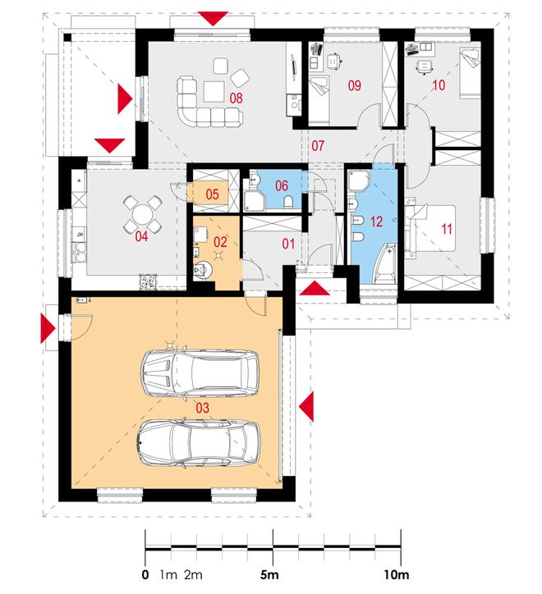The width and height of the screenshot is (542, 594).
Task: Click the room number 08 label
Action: tap(236, 98)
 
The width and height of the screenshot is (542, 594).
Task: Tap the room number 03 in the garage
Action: tap(202, 408)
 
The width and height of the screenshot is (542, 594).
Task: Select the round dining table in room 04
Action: tap(142, 215)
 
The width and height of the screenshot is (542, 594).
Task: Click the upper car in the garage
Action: tap(200, 373)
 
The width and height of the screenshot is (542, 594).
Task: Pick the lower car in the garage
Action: tap(199, 443)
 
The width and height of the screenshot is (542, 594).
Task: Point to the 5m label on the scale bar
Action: tap(269, 574)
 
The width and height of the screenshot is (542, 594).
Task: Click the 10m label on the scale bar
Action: tap(397, 574)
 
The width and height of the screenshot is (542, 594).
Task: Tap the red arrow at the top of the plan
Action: tap(214, 18)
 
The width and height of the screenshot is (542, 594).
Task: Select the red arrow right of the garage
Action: tap(306, 406)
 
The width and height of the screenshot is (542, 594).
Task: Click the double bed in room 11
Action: tap(429, 228)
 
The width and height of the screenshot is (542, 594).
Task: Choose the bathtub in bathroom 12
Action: tap(385, 264)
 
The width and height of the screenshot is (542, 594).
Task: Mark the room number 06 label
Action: tap(282, 185)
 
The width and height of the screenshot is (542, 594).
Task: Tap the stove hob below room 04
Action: tap(148, 282)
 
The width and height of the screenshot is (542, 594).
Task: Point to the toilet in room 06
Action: tap(288, 203)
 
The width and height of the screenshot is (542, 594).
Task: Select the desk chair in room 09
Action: tap(333, 61)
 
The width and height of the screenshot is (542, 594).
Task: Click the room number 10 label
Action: tap(438, 85)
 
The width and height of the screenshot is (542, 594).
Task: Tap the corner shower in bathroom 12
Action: tap(359, 181)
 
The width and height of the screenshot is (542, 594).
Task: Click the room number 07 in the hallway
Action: tap(318, 145)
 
